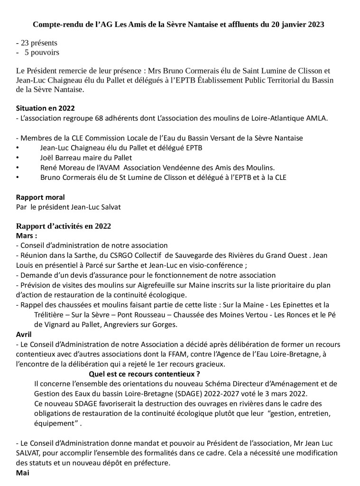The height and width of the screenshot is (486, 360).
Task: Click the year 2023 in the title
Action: (315, 24)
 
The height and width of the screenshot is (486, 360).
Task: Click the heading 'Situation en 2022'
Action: (45, 108)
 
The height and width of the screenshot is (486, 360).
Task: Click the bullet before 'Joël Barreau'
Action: (18, 158)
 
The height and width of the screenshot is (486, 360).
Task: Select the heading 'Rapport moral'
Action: (40, 197)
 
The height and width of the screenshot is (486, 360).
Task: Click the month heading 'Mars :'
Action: (27, 235)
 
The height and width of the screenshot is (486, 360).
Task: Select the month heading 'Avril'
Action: (23, 334)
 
